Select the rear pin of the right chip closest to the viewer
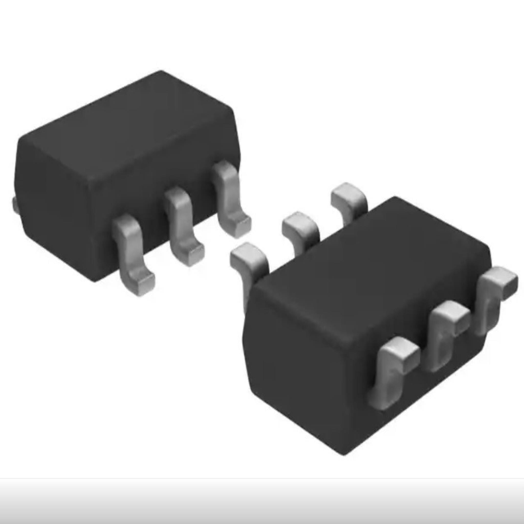pyautogui.click(x=248, y=258)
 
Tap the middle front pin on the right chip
pyautogui.click(x=445, y=334)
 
